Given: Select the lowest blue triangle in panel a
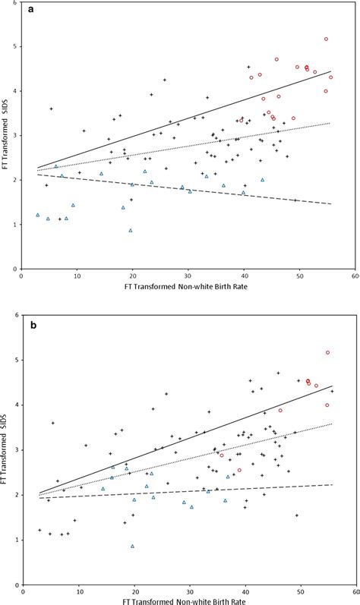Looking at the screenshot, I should pos(131,230).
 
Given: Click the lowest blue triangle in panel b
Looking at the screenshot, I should pos(132,546).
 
